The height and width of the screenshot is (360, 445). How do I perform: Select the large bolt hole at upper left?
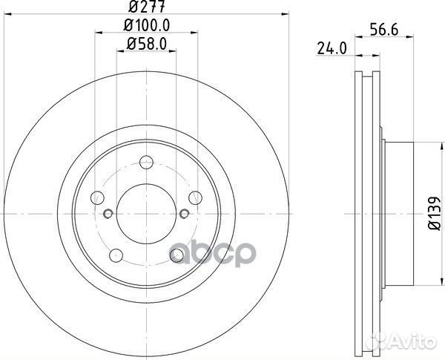(x=98, y=197)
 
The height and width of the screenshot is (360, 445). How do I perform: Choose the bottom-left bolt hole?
(x=116, y=255)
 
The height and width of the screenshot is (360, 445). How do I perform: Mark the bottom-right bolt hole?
(x=177, y=255)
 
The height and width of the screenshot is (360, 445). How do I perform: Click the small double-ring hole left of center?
(x=108, y=215)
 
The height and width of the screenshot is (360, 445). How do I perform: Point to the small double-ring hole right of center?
(x=185, y=215)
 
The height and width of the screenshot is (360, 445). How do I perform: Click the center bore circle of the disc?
(x=147, y=215)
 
